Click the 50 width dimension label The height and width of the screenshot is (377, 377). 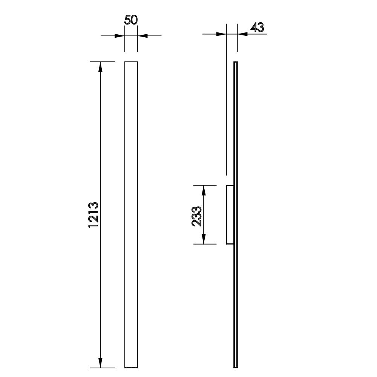[131, 20]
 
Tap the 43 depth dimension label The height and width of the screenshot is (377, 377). [257, 28]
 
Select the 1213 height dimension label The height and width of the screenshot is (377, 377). [93, 215]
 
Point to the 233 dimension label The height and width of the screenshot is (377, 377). [196, 216]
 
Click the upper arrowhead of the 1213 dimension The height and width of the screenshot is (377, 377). [101, 67]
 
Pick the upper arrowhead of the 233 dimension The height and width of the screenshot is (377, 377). [204, 190]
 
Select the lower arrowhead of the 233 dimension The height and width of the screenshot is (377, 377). [204, 239]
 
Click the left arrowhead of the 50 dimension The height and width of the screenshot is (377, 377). [120, 36]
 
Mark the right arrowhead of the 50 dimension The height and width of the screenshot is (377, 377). [143, 36]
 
